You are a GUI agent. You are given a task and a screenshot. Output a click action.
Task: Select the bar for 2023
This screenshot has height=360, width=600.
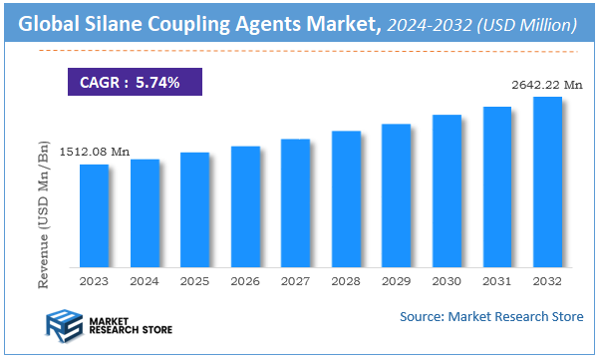pyautogui.click(x=94, y=215)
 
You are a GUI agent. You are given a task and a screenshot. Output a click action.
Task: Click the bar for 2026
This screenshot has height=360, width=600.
pyautogui.click(x=245, y=206)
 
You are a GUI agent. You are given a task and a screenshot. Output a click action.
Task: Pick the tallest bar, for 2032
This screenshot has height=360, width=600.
pyautogui.click(x=547, y=181)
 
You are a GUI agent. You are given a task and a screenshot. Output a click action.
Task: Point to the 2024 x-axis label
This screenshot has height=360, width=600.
pyautogui.click(x=145, y=283)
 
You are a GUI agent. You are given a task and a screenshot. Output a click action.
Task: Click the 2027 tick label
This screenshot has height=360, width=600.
pyautogui.click(x=296, y=283)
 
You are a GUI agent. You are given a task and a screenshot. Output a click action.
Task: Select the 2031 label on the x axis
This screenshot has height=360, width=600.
pyautogui.click(x=497, y=283)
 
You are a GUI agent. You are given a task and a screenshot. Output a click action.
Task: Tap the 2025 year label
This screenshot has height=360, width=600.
pyautogui.click(x=195, y=283)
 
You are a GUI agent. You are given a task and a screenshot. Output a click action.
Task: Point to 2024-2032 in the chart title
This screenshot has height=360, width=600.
pyautogui.click(x=432, y=22)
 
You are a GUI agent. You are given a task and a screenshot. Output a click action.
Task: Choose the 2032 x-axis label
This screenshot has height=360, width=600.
pyautogui.click(x=547, y=283)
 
